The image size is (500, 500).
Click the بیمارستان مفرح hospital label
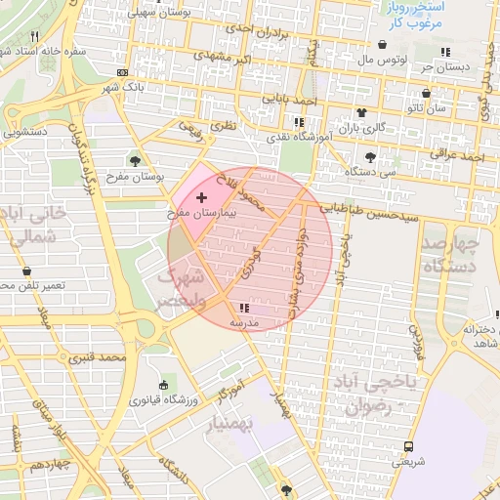click(x=201, y=211)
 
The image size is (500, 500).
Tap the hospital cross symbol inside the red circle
click(x=202, y=197)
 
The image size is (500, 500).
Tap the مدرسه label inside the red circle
click(x=243, y=321)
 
